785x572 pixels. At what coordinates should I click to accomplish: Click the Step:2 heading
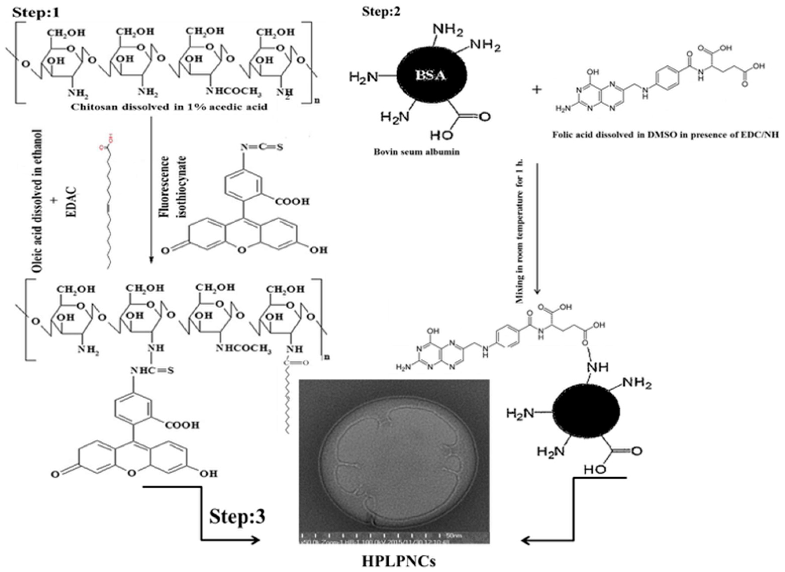point(381,11)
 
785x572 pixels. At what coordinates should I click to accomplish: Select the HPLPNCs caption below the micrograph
point(399,561)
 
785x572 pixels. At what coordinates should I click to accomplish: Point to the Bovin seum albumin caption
point(416,152)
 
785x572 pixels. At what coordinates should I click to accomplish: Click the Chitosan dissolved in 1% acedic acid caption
point(169,107)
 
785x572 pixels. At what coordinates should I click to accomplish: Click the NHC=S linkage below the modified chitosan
point(152,371)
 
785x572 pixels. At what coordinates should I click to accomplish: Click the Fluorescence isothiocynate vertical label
point(173,187)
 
